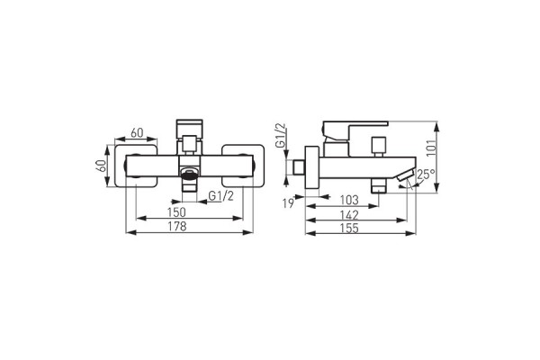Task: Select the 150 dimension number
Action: pos(178,211)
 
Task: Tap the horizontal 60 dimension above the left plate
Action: pos(138,132)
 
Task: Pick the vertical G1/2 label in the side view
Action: pos(280,135)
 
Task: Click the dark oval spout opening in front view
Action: pos(189,171)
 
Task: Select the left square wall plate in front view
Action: pos(138,166)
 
